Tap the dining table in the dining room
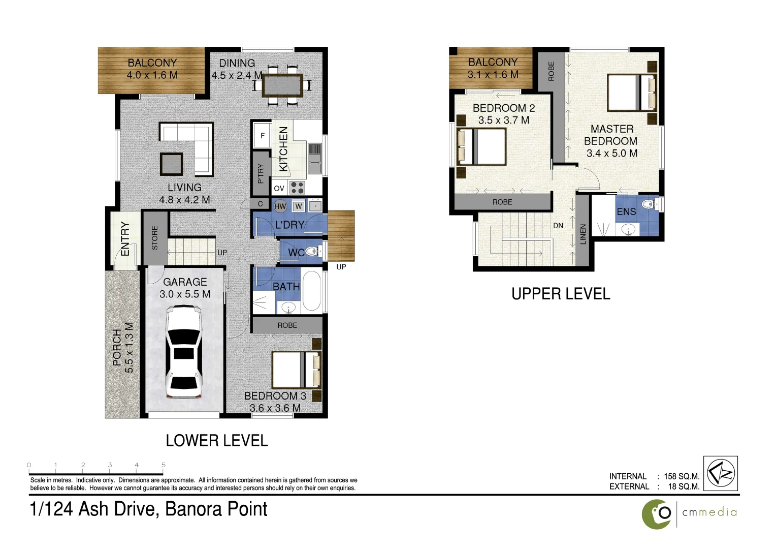[282, 85]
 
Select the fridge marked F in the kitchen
[263, 135]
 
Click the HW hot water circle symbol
[280, 206]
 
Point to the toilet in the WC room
[311, 251]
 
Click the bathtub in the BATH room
[311, 291]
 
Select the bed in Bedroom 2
[482, 146]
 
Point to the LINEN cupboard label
[583, 234]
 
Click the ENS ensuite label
[626, 211]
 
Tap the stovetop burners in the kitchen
[297, 188]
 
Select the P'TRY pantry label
[261, 173]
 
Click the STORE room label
[155, 238]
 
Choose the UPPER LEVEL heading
[561, 294]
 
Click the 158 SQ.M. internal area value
[682, 476]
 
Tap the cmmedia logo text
[709, 512]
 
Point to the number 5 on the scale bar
[163, 465]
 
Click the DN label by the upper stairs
[558, 226]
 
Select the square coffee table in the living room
[171, 164]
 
